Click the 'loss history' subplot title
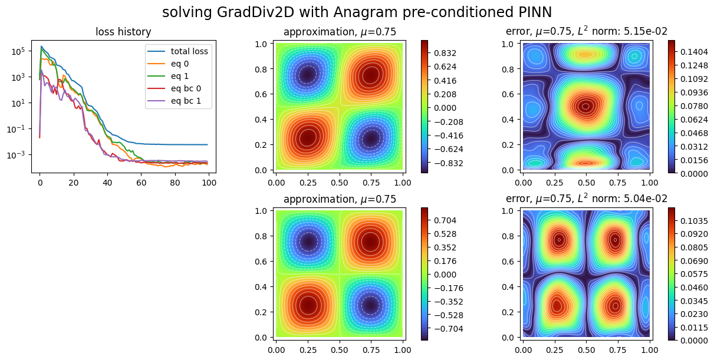click(x=123, y=32)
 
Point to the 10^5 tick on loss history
click(x=16, y=51)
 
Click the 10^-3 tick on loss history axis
click(x=16, y=155)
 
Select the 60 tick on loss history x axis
click(x=141, y=182)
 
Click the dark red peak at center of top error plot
click(x=585, y=107)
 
